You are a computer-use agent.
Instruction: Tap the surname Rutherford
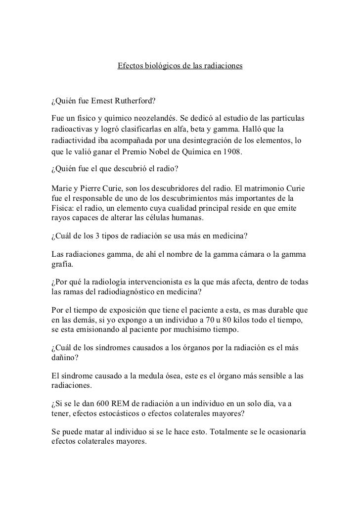pos(135,102)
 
